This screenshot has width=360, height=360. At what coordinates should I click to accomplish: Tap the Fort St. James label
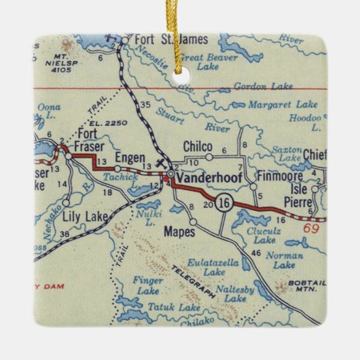point(162,40)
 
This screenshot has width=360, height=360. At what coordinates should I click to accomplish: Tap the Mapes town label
point(179,232)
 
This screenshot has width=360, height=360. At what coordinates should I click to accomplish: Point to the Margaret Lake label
point(283,105)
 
